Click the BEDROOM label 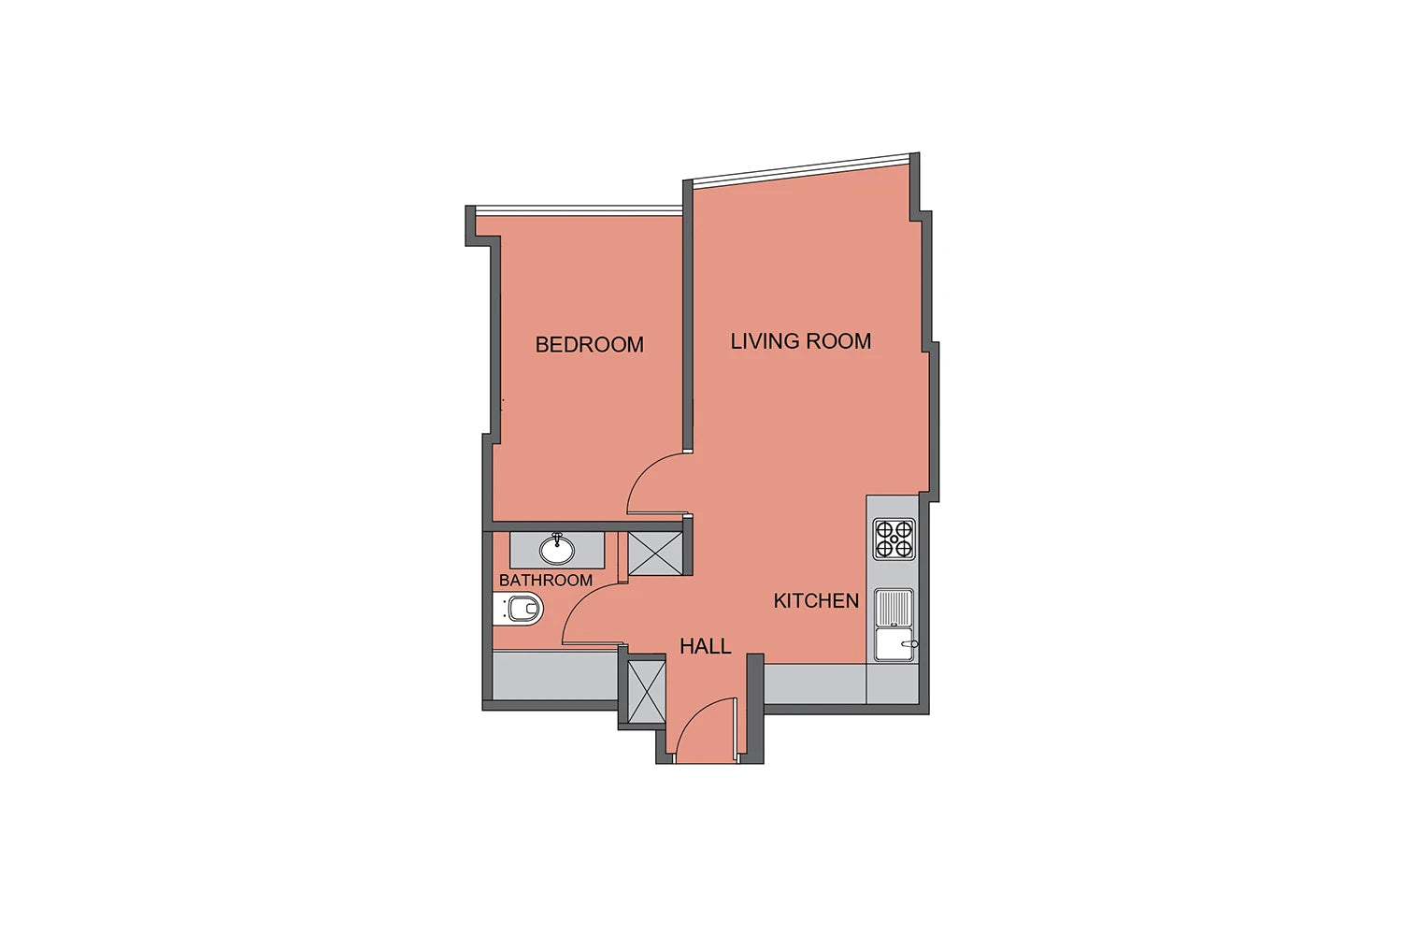point(589,344)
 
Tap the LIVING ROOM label point(800,341)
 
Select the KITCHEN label point(816,600)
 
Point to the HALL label point(706,646)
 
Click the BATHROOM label point(545,580)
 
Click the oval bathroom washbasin point(556,549)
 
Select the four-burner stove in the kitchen point(894,539)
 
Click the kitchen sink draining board point(894,608)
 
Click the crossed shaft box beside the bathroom point(655,554)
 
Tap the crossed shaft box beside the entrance point(647,692)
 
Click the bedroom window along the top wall point(579,211)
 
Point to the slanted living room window point(800,170)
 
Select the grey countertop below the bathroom point(554,675)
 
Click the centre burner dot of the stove point(894,539)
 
